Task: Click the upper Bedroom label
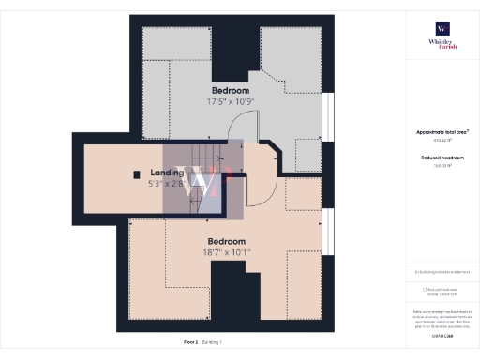coord(231,90)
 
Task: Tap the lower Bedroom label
coord(227,241)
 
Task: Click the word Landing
coord(167,173)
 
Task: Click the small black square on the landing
coord(137,173)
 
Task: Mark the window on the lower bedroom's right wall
coord(327,231)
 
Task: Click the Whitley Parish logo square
coord(442,28)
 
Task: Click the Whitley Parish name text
coord(442,44)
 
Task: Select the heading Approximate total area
coord(442,132)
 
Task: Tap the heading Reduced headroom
coord(442,157)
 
